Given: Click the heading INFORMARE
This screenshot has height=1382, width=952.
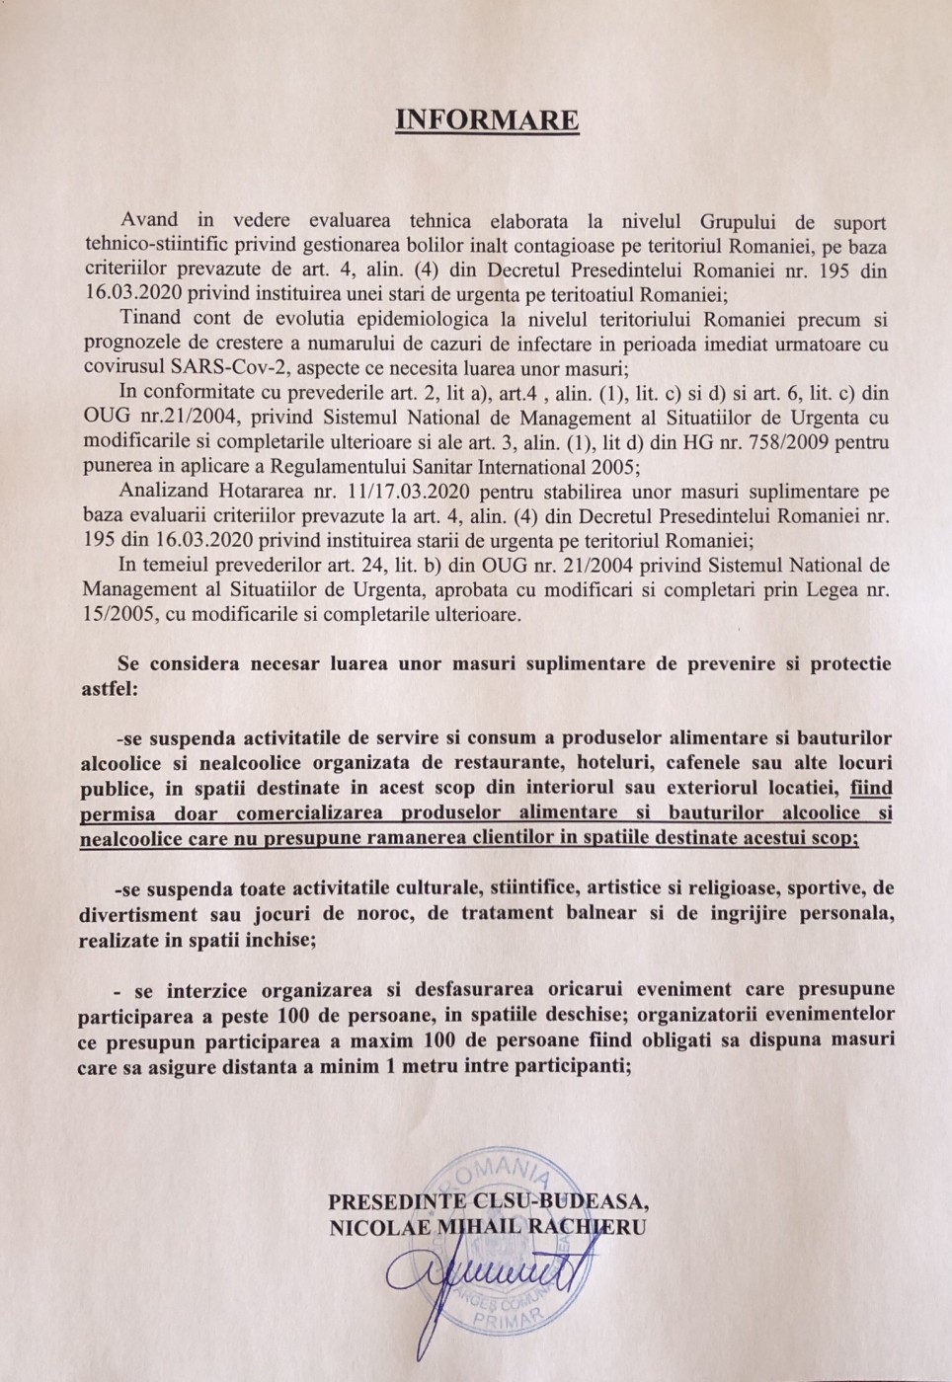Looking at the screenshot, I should tap(486, 120).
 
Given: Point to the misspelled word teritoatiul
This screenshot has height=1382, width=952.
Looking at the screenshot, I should tap(594, 289).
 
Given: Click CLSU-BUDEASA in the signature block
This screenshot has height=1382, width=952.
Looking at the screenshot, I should tap(562, 1200).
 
